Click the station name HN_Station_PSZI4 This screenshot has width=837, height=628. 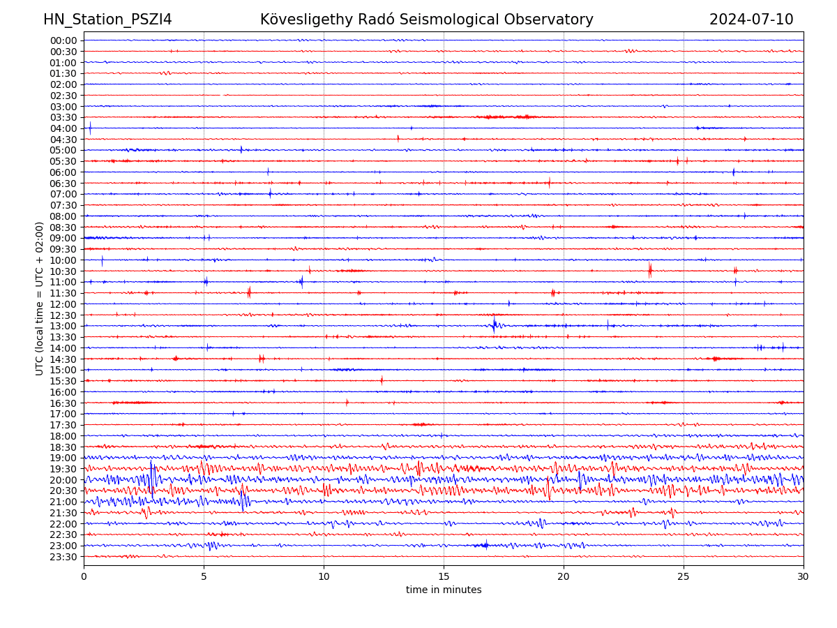(107, 20)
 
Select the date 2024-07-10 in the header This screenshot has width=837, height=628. (751, 20)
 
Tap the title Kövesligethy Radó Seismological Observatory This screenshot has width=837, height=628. (426, 20)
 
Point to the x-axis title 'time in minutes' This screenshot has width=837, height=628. (444, 590)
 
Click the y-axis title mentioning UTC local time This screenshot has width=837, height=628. (40, 298)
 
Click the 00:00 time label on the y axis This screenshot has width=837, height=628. (63, 40)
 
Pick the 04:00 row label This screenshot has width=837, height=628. (63, 128)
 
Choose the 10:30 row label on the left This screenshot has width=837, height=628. (63, 271)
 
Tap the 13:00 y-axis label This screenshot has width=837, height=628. (63, 326)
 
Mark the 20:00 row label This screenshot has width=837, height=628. (63, 480)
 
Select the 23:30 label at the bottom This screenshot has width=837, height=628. (63, 557)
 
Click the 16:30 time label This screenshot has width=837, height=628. (63, 403)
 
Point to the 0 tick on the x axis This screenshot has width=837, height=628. (84, 576)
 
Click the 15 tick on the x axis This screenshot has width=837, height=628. (444, 576)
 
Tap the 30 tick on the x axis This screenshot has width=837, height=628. (804, 576)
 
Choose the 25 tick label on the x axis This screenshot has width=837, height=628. (684, 576)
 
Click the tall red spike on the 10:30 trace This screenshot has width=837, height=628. (649, 270)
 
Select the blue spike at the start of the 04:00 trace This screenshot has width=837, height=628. (90, 128)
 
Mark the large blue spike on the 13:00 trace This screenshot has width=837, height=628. (494, 324)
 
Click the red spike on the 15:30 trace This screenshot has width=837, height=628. (382, 380)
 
